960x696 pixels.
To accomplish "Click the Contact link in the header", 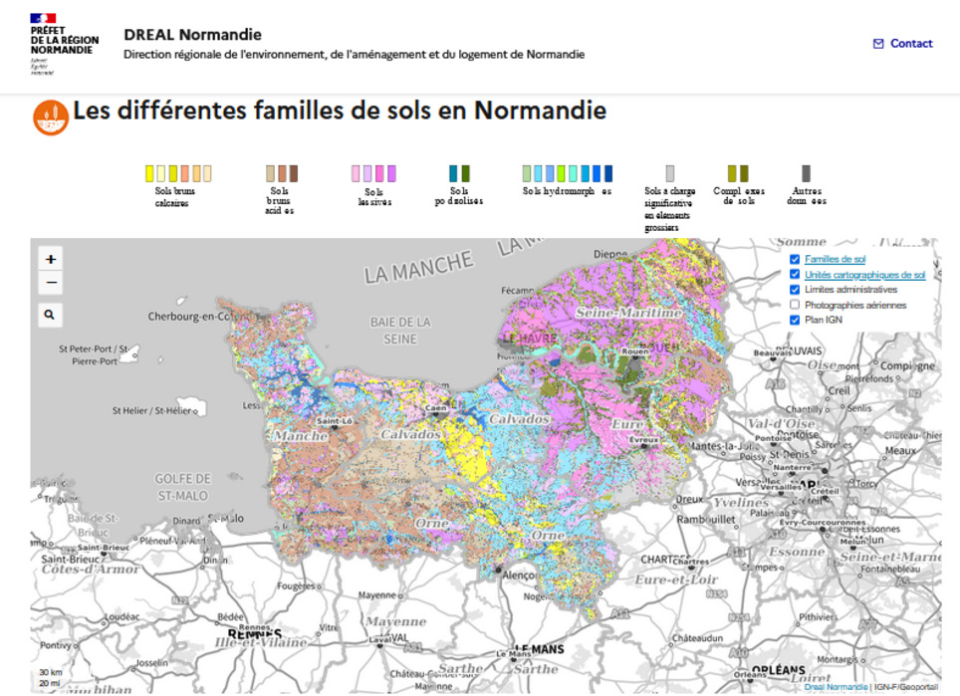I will (x=903, y=44).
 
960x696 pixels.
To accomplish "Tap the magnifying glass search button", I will (x=50, y=316).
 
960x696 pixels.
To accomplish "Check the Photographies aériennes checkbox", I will (x=795, y=305).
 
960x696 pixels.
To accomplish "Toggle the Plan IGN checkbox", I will (x=795, y=320).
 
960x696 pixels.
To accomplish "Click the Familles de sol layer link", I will (x=835, y=259).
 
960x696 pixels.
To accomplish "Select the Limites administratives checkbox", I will (x=795, y=290).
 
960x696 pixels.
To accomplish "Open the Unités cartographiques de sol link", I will (x=864, y=275).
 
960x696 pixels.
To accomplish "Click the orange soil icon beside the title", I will (x=50, y=116).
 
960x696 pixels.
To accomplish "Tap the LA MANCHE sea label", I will (x=418, y=267).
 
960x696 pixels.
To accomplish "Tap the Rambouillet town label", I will (x=705, y=519).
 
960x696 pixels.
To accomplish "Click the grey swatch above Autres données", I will (x=806, y=173).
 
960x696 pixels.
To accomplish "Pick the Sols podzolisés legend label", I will (x=459, y=195).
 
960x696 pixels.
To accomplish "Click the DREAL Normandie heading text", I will (x=192, y=35).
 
